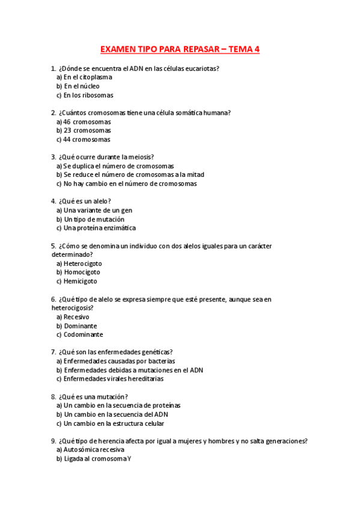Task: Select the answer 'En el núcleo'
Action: [x=82, y=86]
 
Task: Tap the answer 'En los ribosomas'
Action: [x=88, y=95]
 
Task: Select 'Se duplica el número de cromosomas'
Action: [x=118, y=166]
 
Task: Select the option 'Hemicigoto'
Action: [x=80, y=281]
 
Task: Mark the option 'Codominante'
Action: [x=83, y=334]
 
